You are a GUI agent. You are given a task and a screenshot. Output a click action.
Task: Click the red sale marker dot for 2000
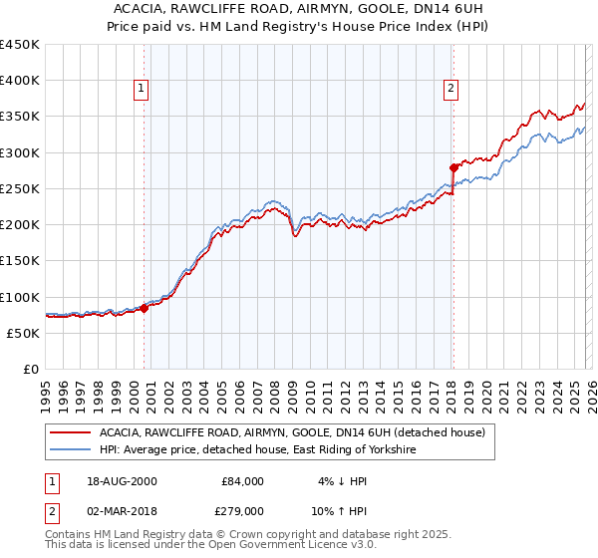pyautogui.click(x=144, y=309)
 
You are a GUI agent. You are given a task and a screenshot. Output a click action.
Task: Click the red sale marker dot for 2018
pyautogui.click(x=452, y=167)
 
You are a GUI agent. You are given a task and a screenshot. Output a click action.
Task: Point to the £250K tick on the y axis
pyautogui.click(x=20, y=188)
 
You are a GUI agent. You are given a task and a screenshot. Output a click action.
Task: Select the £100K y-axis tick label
pyautogui.click(x=20, y=297)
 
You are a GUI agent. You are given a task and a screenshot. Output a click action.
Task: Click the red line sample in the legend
pyautogui.click(x=70, y=432)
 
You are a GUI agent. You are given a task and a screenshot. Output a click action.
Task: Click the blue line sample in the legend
pyautogui.click(x=70, y=450)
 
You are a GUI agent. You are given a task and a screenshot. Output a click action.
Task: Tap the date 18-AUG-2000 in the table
pyautogui.click(x=121, y=481)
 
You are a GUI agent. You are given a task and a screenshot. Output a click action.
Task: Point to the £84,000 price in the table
pyautogui.click(x=242, y=481)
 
